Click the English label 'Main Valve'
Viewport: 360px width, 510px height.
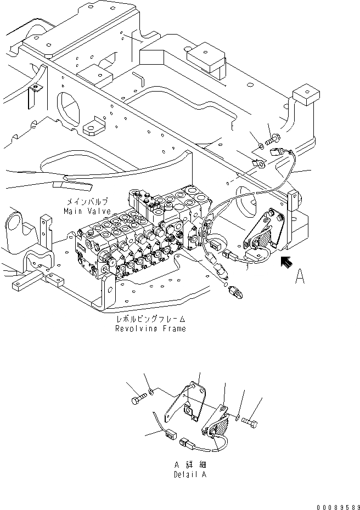87,211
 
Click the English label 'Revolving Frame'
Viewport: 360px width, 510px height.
150,328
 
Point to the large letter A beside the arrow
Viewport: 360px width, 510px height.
300,278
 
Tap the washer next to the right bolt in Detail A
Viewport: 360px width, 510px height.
238,417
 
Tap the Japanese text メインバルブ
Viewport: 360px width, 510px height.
87,202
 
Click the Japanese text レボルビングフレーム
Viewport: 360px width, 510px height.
149,319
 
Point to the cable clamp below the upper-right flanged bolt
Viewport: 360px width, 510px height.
257,162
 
